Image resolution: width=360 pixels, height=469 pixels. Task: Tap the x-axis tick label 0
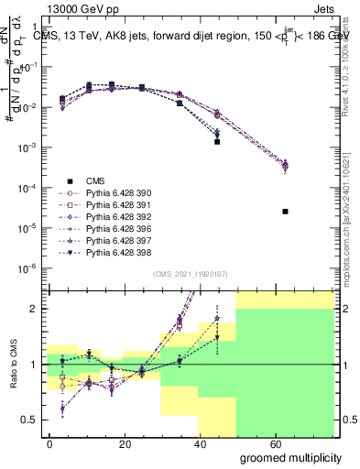click(x=49, y=443)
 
